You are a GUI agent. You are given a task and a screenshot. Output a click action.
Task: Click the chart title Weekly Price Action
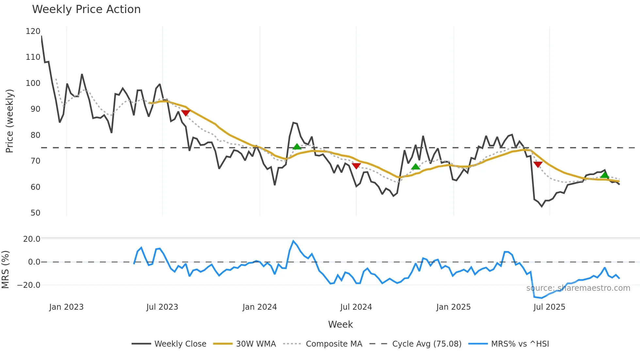pyautogui.click(x=86, y=9)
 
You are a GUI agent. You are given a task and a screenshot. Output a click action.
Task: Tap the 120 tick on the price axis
pyautogui.click(x=33, y=31)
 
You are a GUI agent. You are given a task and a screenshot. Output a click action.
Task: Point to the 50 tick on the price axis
pyautogui.click(x=35, y=213)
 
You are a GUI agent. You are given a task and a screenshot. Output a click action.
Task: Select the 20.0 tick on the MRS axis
pyautogui.click(x=32, y=239)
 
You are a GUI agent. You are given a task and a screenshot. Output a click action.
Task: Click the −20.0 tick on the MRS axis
pyautogui.click(x=29, y=285)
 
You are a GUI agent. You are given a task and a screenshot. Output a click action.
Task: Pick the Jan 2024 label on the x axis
pyautogui.click(x=260, y=307)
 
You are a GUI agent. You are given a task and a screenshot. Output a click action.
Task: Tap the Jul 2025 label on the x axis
pyautogui.click(x=549, y=307)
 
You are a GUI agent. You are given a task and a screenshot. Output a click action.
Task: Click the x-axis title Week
pyautogui.click(x=340, y=324)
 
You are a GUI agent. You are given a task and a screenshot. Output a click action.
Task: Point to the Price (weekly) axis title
pyautogui.click(x=9, y=121)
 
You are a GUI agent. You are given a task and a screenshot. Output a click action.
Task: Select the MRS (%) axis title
pyautogui.click(x=5, y=270)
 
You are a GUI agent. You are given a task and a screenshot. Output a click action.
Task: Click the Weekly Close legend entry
pyautogui.click(x=180, y=344)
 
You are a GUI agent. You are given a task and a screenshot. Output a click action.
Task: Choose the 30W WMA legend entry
pyautogui.click(x=256, y=344)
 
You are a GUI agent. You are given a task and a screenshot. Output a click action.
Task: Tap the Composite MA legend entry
pyautogui.click(x=334, y=344)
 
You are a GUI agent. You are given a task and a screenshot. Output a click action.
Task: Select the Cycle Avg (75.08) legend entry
pyautogui.click(x=426, y=344)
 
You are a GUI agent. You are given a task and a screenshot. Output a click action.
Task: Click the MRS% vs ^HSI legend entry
pyautogui.click(x=520, y=344)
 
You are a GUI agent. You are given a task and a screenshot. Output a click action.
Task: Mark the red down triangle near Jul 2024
pyautogui.click(x=356, y=166)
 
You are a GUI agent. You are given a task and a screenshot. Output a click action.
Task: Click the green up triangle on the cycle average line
pyautogui.click(x=297, y=147)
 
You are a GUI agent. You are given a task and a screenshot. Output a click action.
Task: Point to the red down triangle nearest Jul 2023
pyautogui.click(x=185, y=113)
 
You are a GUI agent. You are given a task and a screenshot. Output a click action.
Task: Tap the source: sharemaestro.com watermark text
pyautogui.click(x=578, y=288)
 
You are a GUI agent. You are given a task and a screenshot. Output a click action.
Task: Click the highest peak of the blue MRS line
pyautogui.click(x=293, y=241)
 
